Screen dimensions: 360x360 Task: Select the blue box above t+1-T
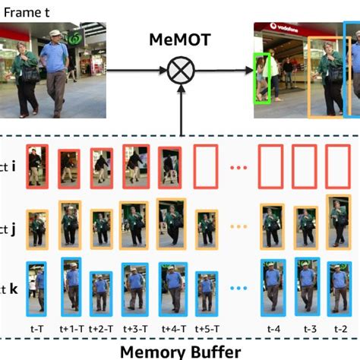71,285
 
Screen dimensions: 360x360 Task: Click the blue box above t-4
273,286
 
